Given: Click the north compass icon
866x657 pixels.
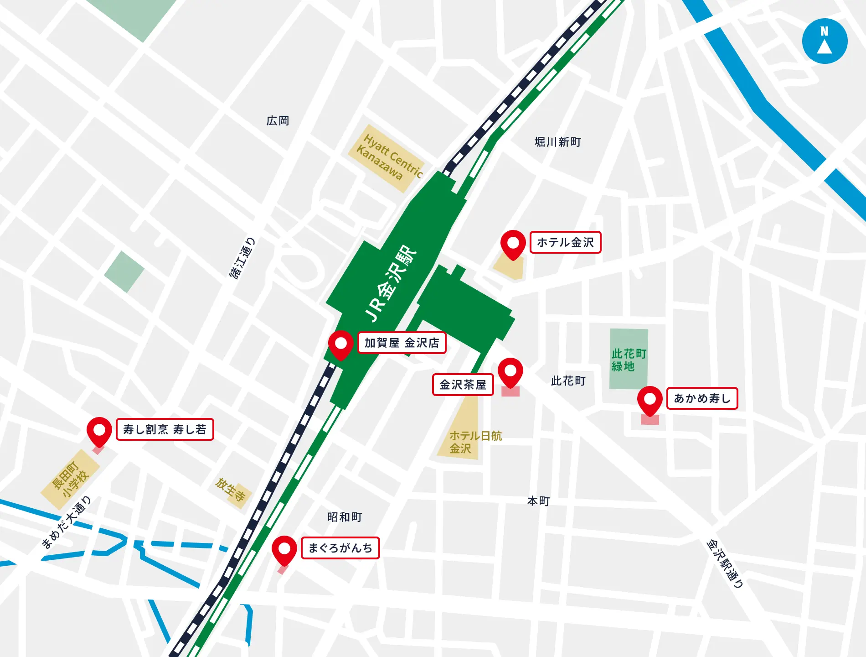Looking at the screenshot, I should coord(825,41).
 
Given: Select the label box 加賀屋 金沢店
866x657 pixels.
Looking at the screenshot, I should coord(402,343).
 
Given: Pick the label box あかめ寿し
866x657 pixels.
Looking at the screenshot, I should coord(702,398).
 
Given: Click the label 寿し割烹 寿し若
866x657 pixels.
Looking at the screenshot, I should coord(165,429).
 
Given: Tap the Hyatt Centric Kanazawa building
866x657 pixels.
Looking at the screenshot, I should coord(387,158).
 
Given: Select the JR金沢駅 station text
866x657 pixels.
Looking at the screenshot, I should coord(391,283).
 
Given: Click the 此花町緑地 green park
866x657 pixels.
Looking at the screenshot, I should coord(629,360).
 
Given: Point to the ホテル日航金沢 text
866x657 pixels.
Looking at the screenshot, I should coord(475,442).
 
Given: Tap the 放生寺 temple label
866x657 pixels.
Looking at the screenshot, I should coord(231,490).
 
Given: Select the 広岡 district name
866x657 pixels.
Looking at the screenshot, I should coord(278,120).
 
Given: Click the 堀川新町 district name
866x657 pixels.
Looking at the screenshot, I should coord(557,142).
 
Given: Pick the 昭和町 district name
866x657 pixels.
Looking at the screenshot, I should coord(345,517).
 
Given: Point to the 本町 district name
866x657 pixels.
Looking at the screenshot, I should coord(538,501).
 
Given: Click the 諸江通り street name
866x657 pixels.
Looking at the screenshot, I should coord(242,258).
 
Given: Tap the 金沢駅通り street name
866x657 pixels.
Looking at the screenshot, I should coord(725,563).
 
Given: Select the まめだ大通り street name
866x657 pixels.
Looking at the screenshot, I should coord(67,522).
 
